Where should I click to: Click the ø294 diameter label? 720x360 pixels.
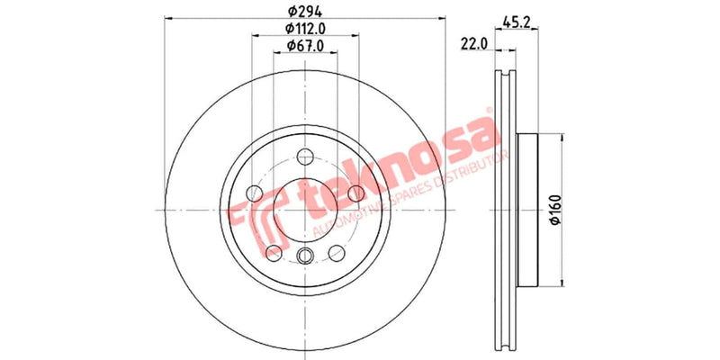click(x=305, y=13)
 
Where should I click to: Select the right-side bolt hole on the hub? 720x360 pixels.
click(x=355, y=193)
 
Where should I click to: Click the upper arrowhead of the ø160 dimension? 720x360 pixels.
click(x=562, y=137)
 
